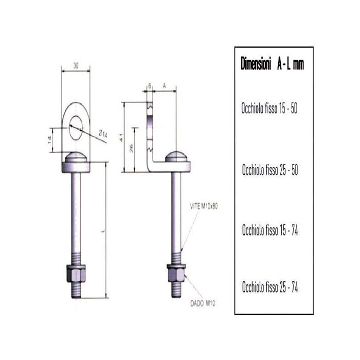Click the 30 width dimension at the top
(76, 65)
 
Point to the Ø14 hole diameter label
(103, 135)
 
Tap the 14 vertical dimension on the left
(50, 139)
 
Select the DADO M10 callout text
(202, 304)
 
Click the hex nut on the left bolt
(76, 272)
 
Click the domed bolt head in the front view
(76, 158)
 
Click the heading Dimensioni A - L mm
(272, 64)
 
